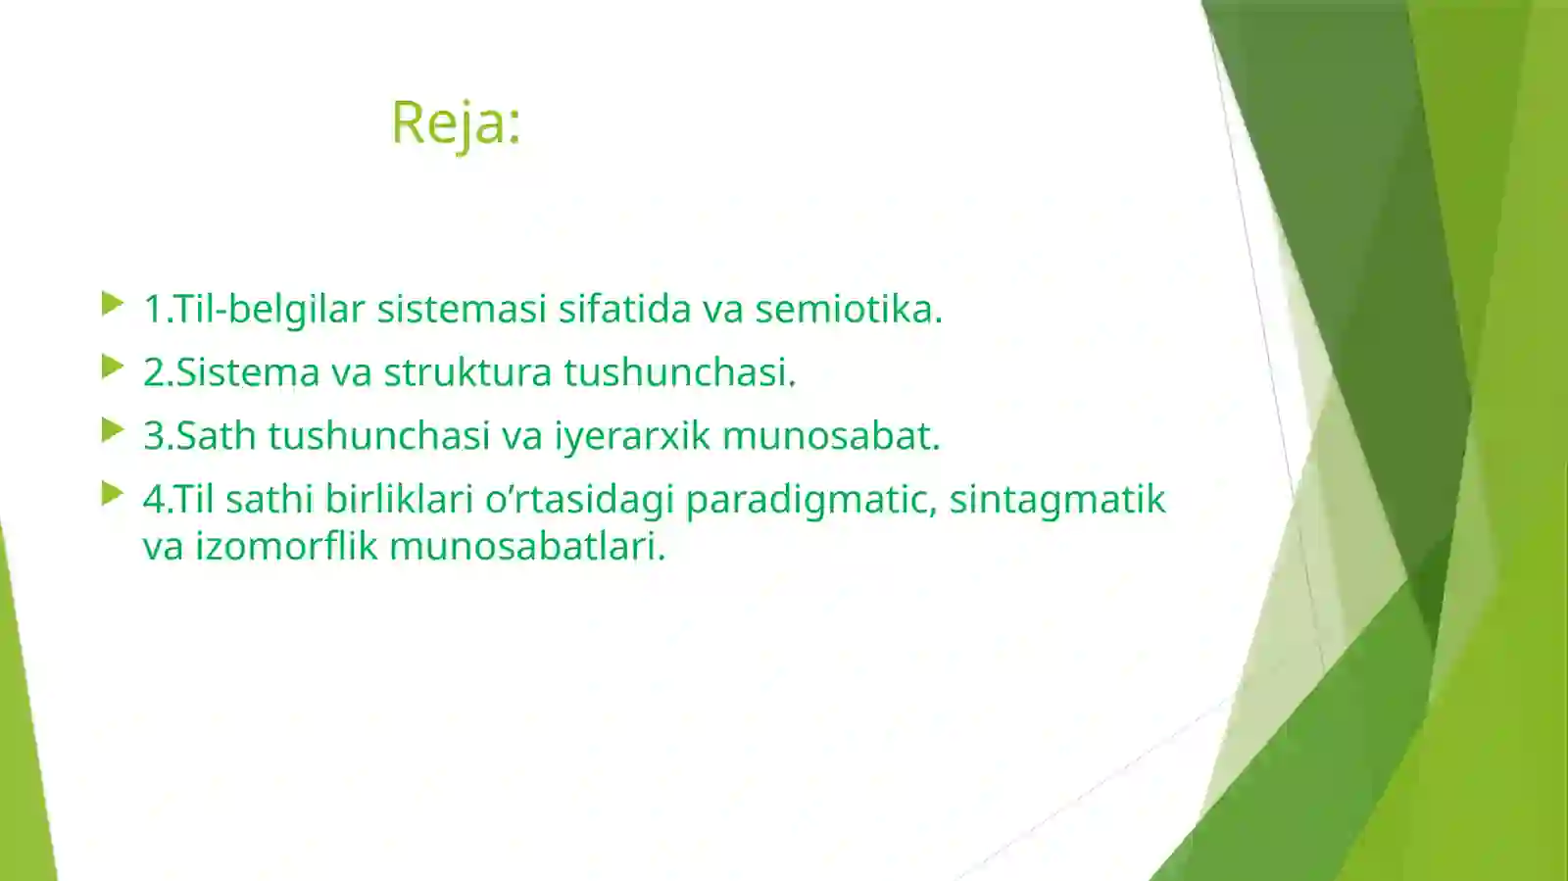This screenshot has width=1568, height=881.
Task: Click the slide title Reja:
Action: point(456,122)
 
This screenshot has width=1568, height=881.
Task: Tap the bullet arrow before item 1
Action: point(113,304)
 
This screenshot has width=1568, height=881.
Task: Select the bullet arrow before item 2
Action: point(113,367)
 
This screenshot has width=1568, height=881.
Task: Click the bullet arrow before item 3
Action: point(113,430)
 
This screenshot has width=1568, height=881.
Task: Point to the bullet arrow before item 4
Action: point(113,494)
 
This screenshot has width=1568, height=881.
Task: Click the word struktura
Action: point(467,372)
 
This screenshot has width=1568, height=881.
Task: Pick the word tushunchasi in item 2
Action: point(679,372)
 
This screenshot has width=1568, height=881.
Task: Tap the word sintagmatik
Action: point(1057,500)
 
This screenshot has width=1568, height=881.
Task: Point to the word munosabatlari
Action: point(527,546)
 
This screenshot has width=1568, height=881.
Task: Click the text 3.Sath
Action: point(200,436)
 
